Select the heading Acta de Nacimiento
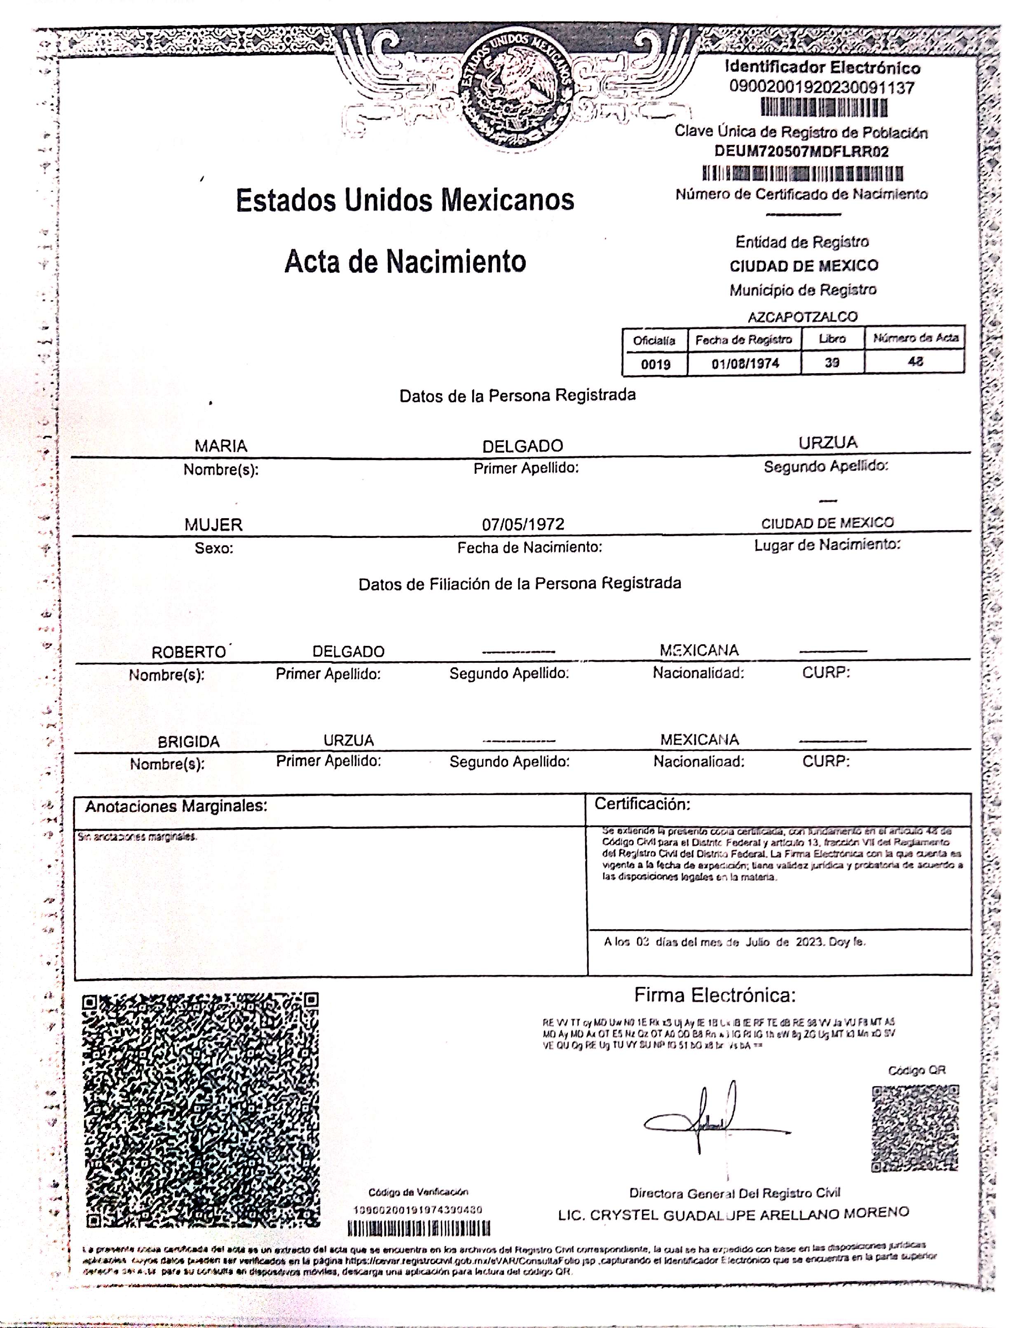tap(405, 262)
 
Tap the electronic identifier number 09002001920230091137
tap(822, 88)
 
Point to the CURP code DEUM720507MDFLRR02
tap(801, 151)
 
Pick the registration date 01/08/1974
tap(745, 363)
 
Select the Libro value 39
tap(832, 362)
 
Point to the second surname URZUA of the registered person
tap(828, 443)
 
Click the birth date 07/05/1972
tap(523, 524)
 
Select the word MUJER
tap(213, 525)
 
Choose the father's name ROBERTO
tap(189, 652)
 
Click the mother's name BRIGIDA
tap(189, 742)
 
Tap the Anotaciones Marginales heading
tap(176, 807)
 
